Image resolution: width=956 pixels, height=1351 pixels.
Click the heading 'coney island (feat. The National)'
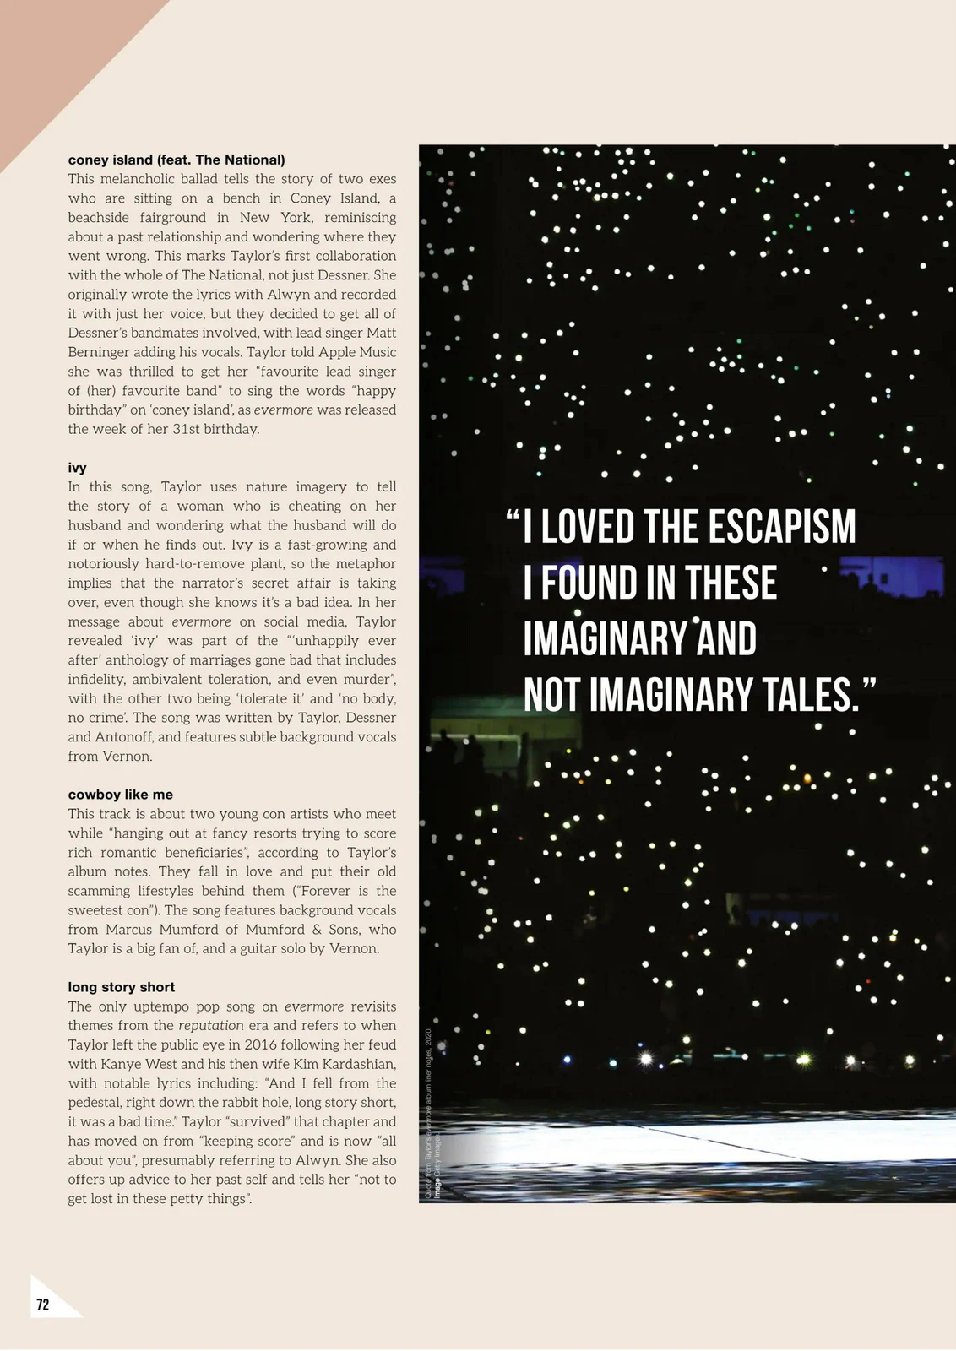coord(177,160)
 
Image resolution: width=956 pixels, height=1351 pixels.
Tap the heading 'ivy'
coord(77,468)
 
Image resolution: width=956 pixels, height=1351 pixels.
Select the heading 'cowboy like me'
coord(121,795)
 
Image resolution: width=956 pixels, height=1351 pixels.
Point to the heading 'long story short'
coord(122,987)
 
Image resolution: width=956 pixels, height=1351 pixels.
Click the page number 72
coord(43,1305)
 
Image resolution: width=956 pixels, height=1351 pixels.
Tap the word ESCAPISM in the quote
coord(781,528)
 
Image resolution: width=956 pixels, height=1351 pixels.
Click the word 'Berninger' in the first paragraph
coord(100,352)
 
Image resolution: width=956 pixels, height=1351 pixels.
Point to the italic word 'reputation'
coord(211,1026)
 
